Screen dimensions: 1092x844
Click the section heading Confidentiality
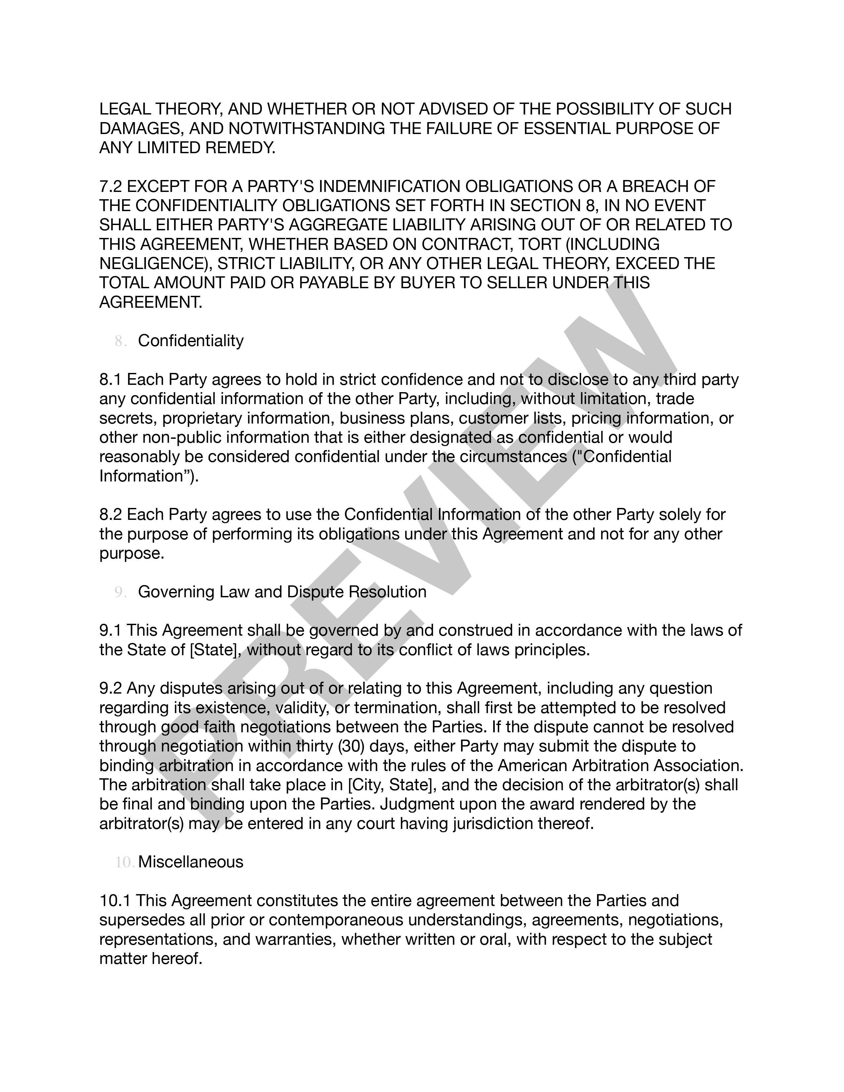click(x=191, y=341)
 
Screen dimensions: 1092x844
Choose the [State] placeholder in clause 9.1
click(x=215, y=650)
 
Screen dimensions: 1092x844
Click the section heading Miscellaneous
click(x=191, y=862)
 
